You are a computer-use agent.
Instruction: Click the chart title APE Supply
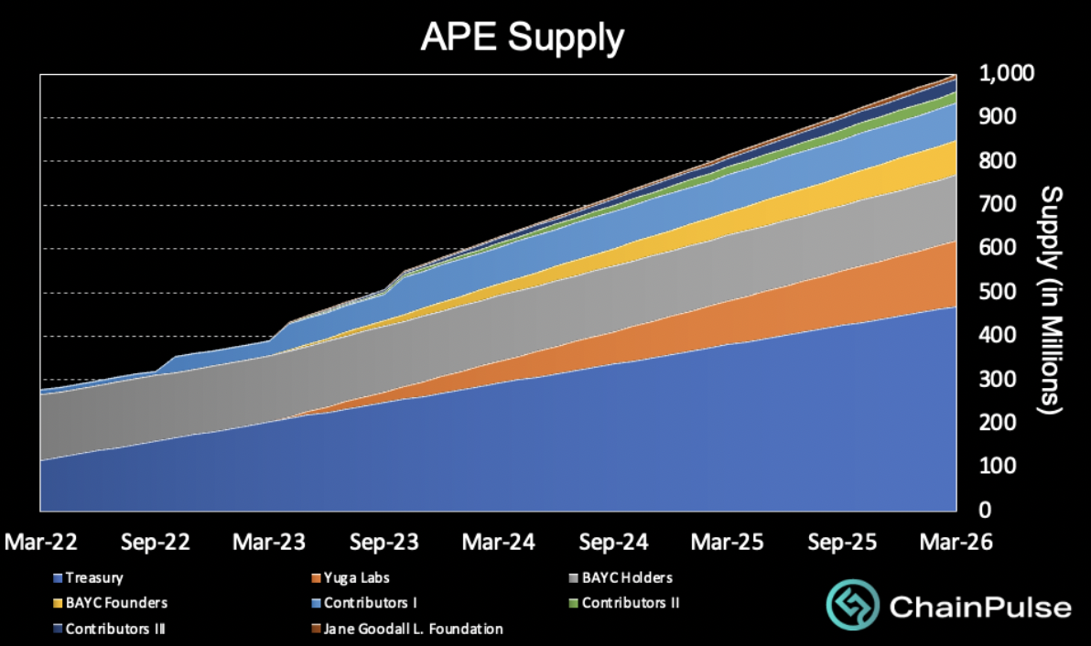[522, 38]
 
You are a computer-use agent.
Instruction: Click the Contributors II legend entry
[626, 603]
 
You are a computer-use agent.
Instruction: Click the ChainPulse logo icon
[853, 606]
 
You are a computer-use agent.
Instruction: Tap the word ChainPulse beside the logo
[980, 608]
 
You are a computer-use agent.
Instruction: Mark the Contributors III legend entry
[115, 629]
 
